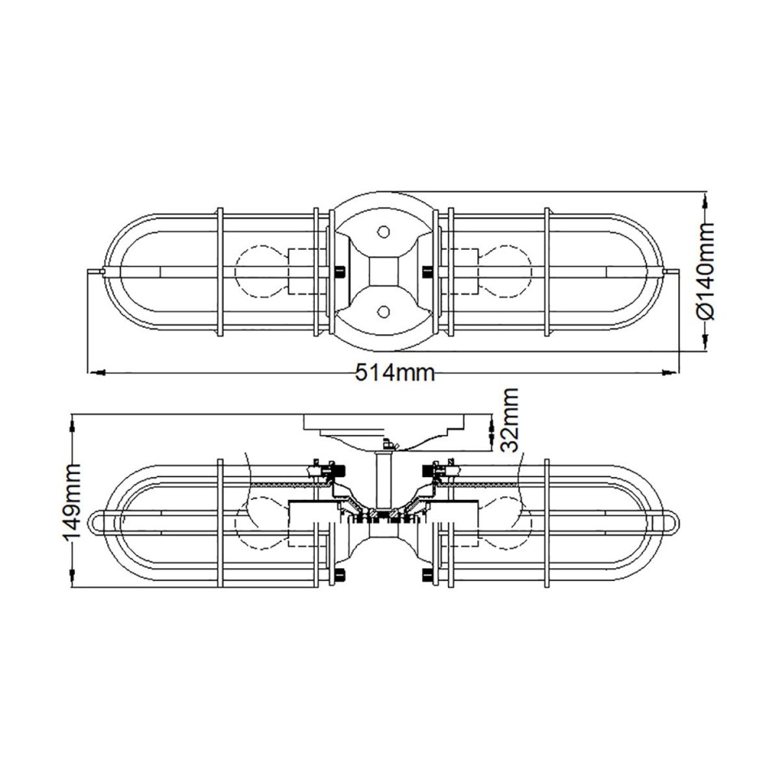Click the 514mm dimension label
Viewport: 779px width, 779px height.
[x=395, y=372]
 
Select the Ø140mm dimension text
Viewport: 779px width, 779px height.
[x=705, y=271]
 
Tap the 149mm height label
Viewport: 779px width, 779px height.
[x=71, y=501]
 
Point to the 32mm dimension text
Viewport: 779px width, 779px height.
[x=510, y=420]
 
